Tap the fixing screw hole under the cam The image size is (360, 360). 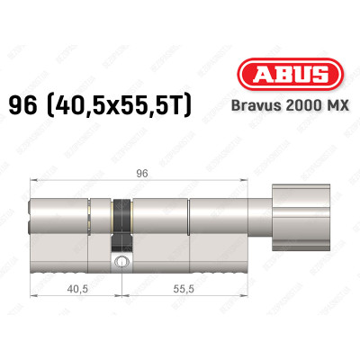[121, 262]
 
